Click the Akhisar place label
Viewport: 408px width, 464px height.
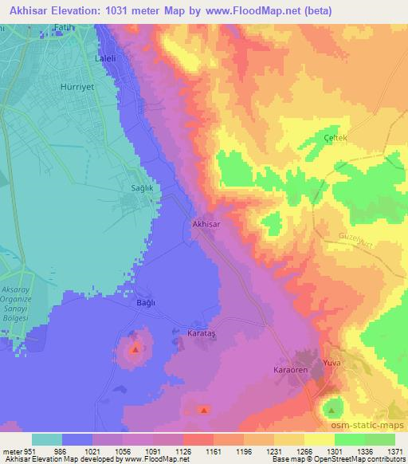(206, 225)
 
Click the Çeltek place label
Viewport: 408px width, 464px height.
(313, 138)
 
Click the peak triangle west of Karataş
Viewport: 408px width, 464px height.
(135, 349)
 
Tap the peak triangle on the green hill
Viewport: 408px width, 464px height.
(331, 411)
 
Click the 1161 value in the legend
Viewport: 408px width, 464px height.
(214, 452)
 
